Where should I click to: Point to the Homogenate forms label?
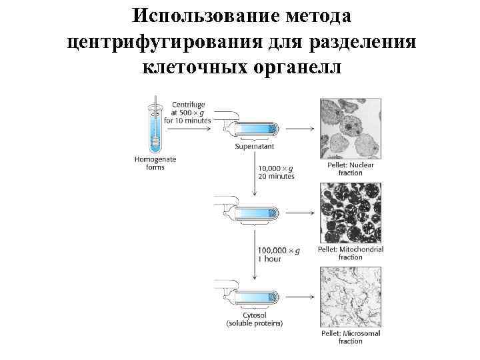click(155, 163)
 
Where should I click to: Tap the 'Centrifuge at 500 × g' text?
click(188, 113)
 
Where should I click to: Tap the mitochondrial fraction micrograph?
click(351, 213)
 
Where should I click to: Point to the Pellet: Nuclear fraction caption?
click(351, 168)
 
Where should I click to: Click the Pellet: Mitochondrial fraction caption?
click(351, 253)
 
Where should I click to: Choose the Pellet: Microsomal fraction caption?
click(351, 337)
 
